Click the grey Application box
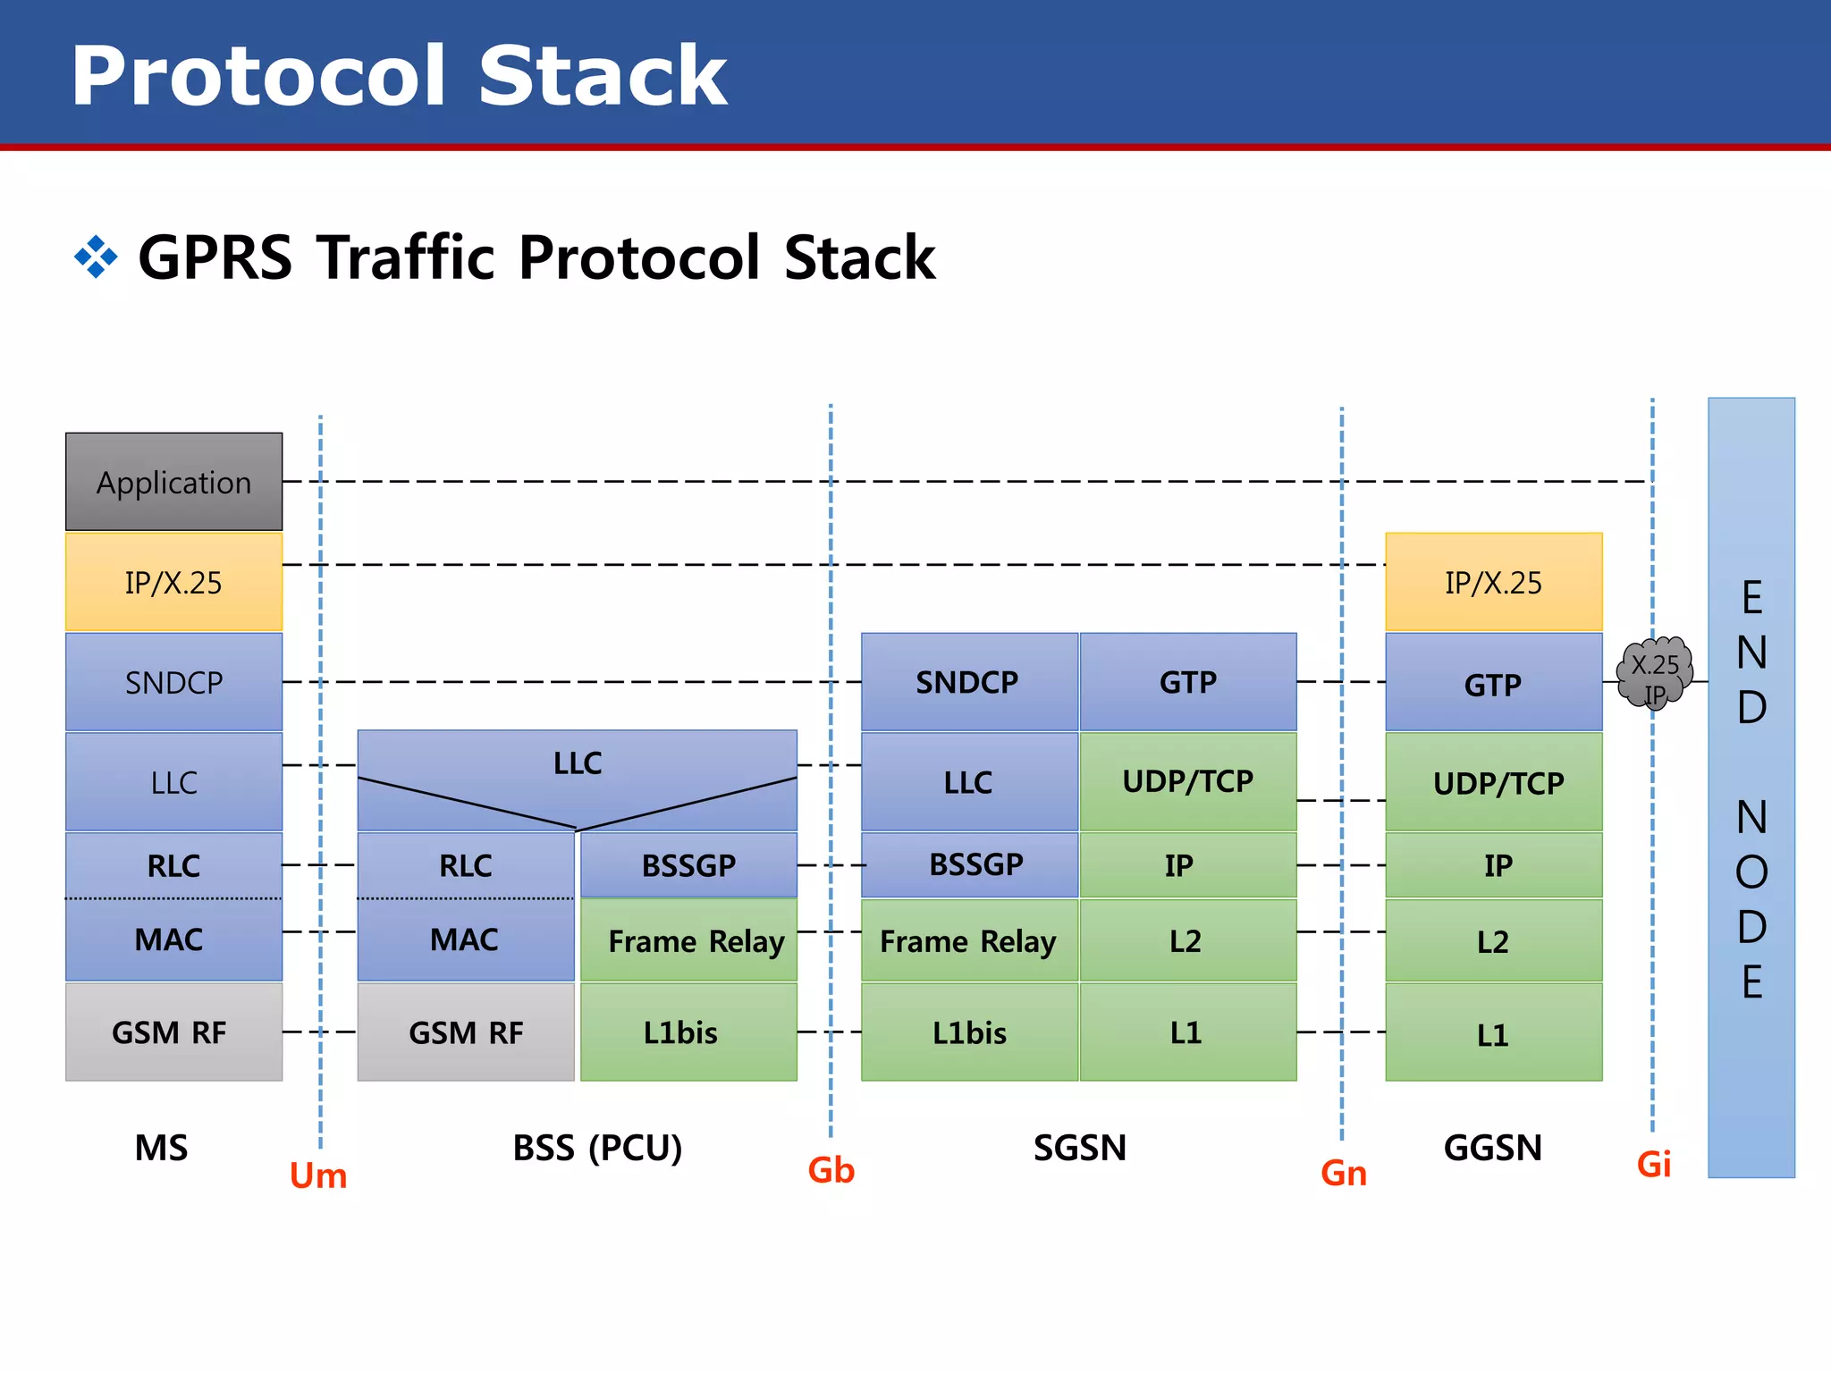173,482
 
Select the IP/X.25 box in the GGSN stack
1493,582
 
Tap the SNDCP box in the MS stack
173,682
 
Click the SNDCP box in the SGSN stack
968,682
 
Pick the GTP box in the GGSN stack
1493,684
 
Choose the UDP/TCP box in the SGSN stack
1187,781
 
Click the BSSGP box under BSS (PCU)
688,864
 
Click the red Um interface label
318,1175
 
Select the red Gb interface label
831,1170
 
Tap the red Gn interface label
1344,1174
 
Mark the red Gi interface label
1653,1164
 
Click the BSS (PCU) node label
597,1148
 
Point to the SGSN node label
1080,1148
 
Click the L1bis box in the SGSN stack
968,1032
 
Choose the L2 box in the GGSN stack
1493,940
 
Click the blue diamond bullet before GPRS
96,257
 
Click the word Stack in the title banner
603,77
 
